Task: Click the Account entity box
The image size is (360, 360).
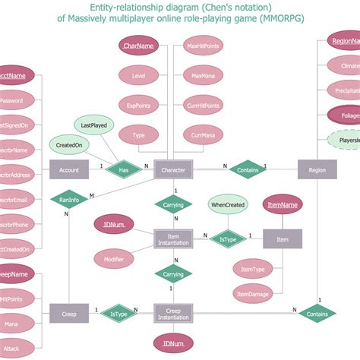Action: [70, 170]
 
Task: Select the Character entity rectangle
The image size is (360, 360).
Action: [174, 170]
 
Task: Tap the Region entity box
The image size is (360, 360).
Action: [317, 170]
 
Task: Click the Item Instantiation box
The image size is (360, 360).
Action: [174, 239]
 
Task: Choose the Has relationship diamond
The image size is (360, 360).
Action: [123, 170]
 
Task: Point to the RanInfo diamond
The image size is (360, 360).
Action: [69, 201]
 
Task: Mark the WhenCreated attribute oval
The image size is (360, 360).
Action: [228, 204]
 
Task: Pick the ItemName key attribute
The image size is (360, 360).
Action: [283, 204]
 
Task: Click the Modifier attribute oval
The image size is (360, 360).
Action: [115, 259]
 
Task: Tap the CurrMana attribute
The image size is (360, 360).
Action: [204, 135]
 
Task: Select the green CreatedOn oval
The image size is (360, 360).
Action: [67, 144]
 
